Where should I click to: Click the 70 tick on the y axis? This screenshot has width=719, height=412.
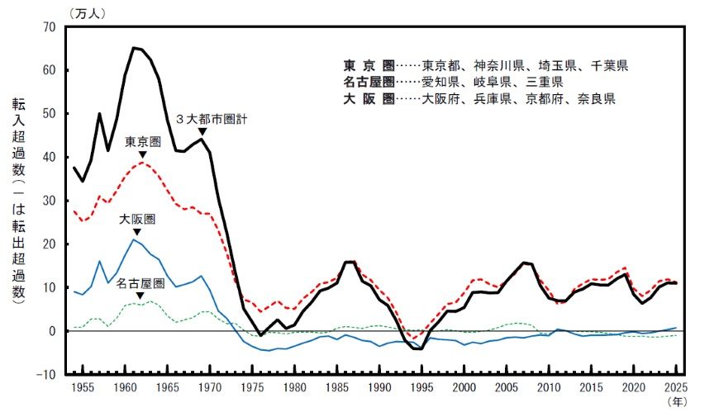click(49, 26)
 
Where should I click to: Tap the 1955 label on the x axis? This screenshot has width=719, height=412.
click(83, 386)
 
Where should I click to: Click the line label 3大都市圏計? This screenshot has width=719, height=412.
click(213, 119)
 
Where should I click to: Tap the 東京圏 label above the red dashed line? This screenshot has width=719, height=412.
click(141, 142)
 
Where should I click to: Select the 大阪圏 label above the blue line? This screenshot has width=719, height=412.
click(136, 220)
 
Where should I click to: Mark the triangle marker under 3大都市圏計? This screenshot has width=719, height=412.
click(202, 130)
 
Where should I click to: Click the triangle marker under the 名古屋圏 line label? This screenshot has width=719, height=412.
click(139, 296)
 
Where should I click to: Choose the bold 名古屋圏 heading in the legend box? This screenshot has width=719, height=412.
click(368, 82)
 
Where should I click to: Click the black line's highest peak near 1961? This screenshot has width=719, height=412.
click(133, 48)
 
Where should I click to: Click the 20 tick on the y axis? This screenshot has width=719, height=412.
click(49, 244)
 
